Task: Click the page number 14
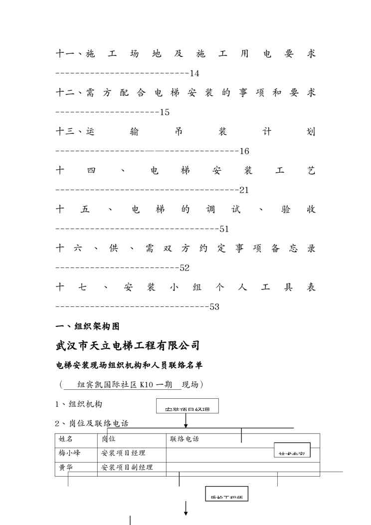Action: click(x=194, y=73)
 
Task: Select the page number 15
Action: click(x=165, y=112)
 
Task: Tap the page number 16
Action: click(x=244, y=151)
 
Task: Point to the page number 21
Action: click(x=244, y=190)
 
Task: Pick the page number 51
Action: click(x=224, y=229)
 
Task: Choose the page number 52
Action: click(x=185, y=268)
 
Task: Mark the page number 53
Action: click(x=214, y=307)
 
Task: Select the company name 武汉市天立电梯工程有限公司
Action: click(x=128, y=345)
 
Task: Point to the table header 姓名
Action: click(x=66, y=439)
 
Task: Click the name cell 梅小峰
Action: click(x=69, y=453)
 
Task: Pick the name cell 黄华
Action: click(x=66, y=467)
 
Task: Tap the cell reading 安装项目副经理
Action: click(x=127, y=467)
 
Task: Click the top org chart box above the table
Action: click(x=187, y=406)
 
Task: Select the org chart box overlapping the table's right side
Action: click(x=292, y=450)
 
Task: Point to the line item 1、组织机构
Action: click(x=79, y=404)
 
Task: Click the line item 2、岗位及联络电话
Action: click(x=92, y=424)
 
